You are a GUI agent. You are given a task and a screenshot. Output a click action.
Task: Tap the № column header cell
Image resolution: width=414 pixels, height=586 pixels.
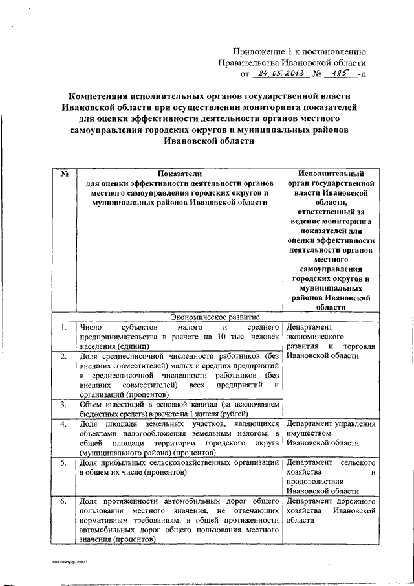tap(64, 174)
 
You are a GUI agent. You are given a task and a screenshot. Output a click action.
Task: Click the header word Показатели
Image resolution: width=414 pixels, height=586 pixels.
tap(175, 174)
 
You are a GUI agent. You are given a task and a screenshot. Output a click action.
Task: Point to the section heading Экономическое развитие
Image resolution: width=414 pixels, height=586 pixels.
tap(214, 317)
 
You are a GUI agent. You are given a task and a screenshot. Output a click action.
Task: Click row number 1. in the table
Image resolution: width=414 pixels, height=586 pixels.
tap(63, 328)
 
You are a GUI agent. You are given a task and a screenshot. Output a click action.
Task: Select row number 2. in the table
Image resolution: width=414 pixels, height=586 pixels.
tap(63, 356)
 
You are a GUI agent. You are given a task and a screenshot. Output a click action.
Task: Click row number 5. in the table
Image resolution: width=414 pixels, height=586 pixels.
tap(63, 464)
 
